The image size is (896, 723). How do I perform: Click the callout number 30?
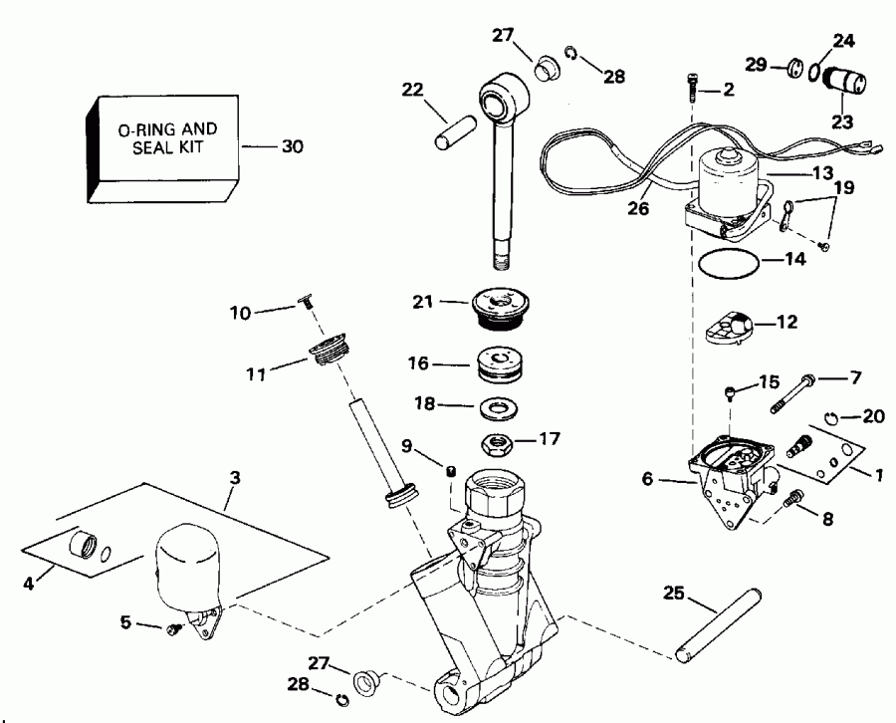[x=293, y=146]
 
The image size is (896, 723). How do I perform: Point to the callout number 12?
[x=786, y=322]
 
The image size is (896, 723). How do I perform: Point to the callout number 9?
[x=406, y=445]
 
